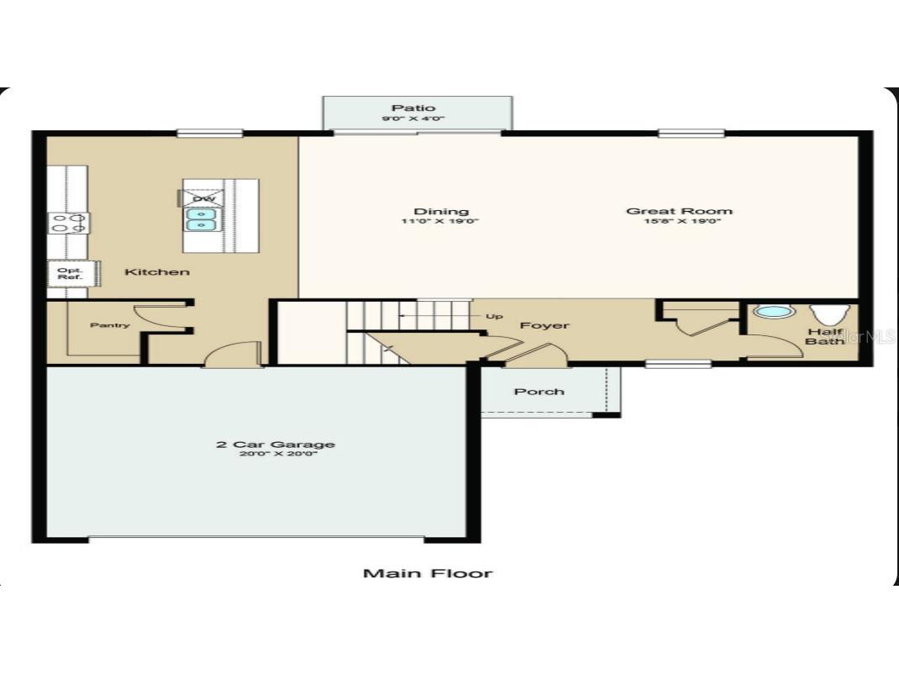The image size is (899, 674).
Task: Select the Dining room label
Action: coord(441,211)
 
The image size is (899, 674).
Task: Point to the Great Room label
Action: coord(679,211)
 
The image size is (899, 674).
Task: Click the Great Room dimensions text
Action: coord(679,222)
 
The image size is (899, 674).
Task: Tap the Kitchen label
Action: coord(157,271)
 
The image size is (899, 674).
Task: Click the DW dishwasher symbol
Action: coord(202,198)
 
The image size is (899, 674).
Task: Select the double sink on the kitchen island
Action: coord(201,219)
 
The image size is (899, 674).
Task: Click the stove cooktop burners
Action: coord(68,223)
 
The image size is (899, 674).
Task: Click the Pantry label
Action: coord(110,325)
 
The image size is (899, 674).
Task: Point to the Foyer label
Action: coord(544,325)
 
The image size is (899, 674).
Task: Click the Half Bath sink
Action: coord(773,312)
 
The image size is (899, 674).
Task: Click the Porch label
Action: coord(539,392)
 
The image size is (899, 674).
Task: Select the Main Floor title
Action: coord(427,573)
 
